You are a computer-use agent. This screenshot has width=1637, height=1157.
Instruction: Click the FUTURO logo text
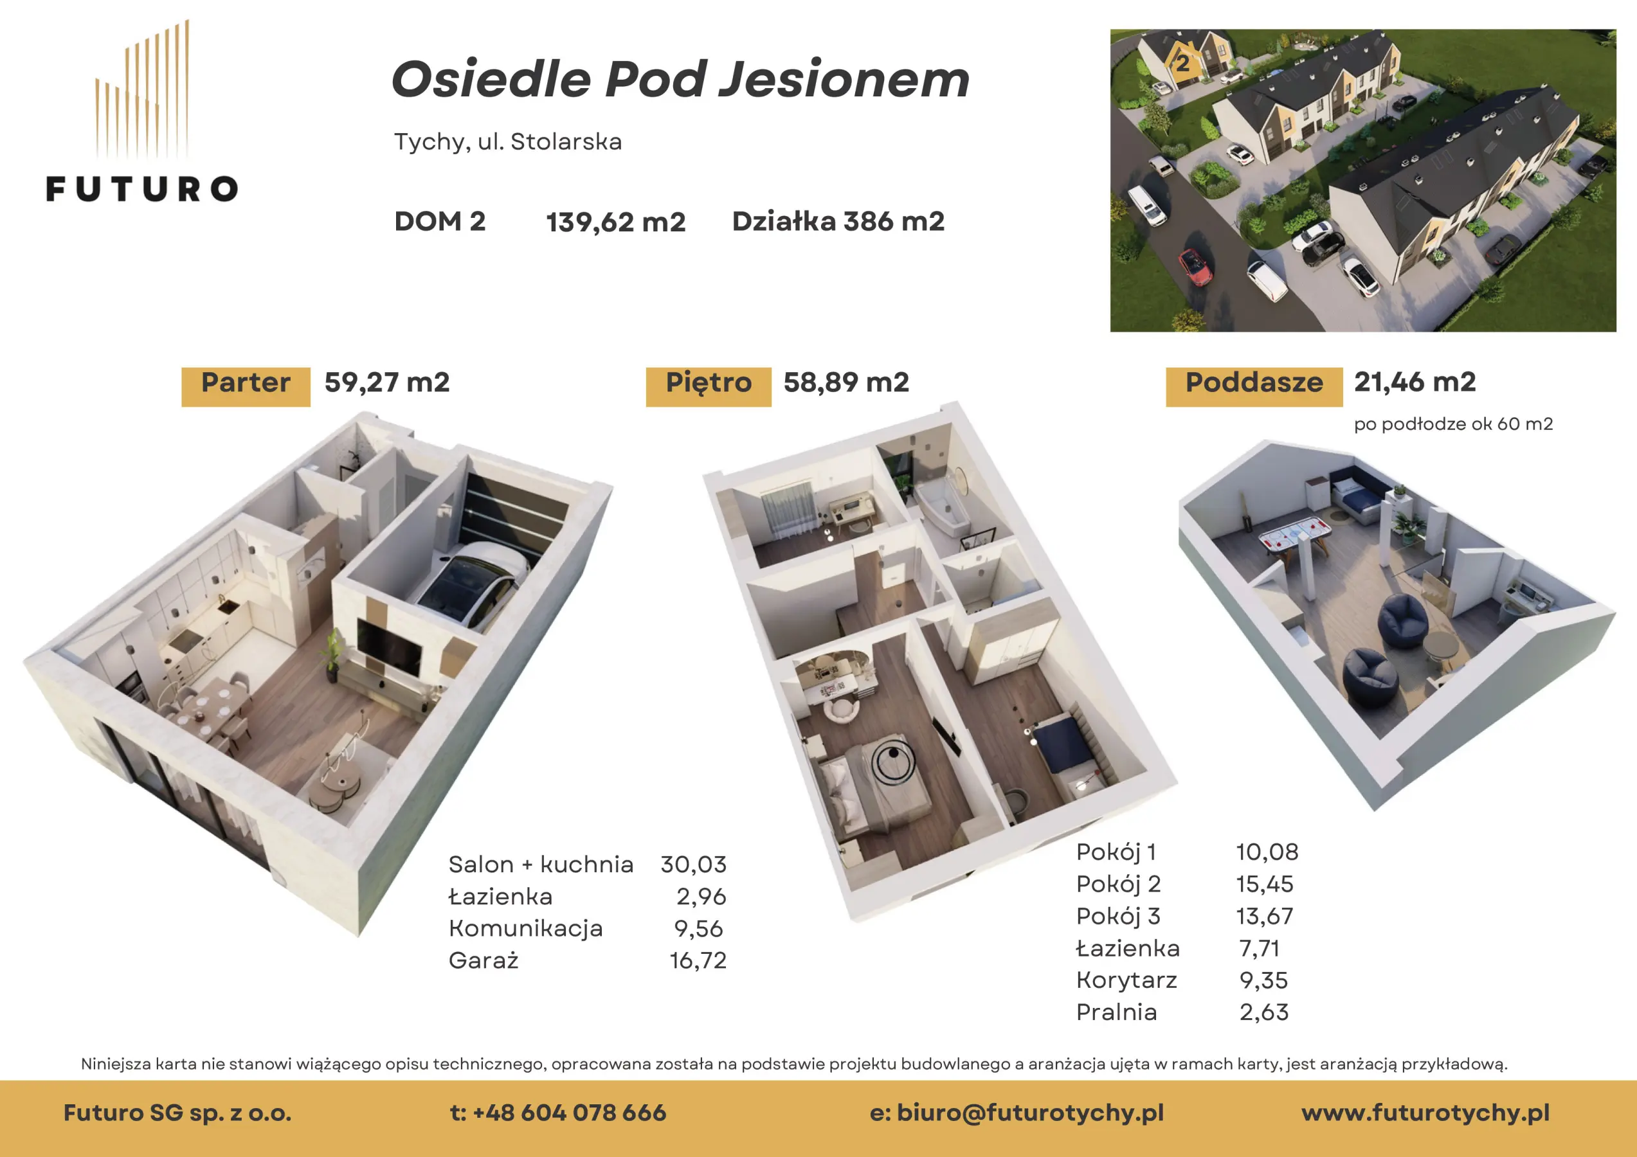tap(142, 189)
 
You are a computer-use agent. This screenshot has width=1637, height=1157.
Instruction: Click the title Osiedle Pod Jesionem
tap(680, 78)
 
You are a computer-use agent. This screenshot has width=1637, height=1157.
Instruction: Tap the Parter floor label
tap(246, 383)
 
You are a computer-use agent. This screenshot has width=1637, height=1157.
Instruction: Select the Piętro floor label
tap(709, 384)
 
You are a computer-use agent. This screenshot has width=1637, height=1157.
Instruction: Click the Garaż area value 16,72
tap(698, 960)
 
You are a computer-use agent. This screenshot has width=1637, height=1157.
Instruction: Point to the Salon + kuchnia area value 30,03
tap(693, 864)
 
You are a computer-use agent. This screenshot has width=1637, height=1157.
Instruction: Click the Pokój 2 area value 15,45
tap(1264, 884)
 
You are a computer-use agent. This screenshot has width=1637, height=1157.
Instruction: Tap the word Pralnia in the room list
tap(1117, 1012)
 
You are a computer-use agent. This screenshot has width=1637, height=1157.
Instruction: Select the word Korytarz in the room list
tap(1126, 980)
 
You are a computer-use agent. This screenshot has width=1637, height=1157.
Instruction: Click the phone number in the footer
tap(558, 1112)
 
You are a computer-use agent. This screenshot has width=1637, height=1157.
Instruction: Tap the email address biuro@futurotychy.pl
tap(1017, 1113)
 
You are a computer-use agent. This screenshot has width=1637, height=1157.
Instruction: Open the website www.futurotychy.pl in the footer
tap(1425, 1113)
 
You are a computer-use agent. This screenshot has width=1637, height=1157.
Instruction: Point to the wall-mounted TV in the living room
tap(388, 649)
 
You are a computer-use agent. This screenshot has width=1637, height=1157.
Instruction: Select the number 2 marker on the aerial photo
tap(1183, 64)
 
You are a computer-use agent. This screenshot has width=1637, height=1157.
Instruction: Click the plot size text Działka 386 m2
tap(838, 221)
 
